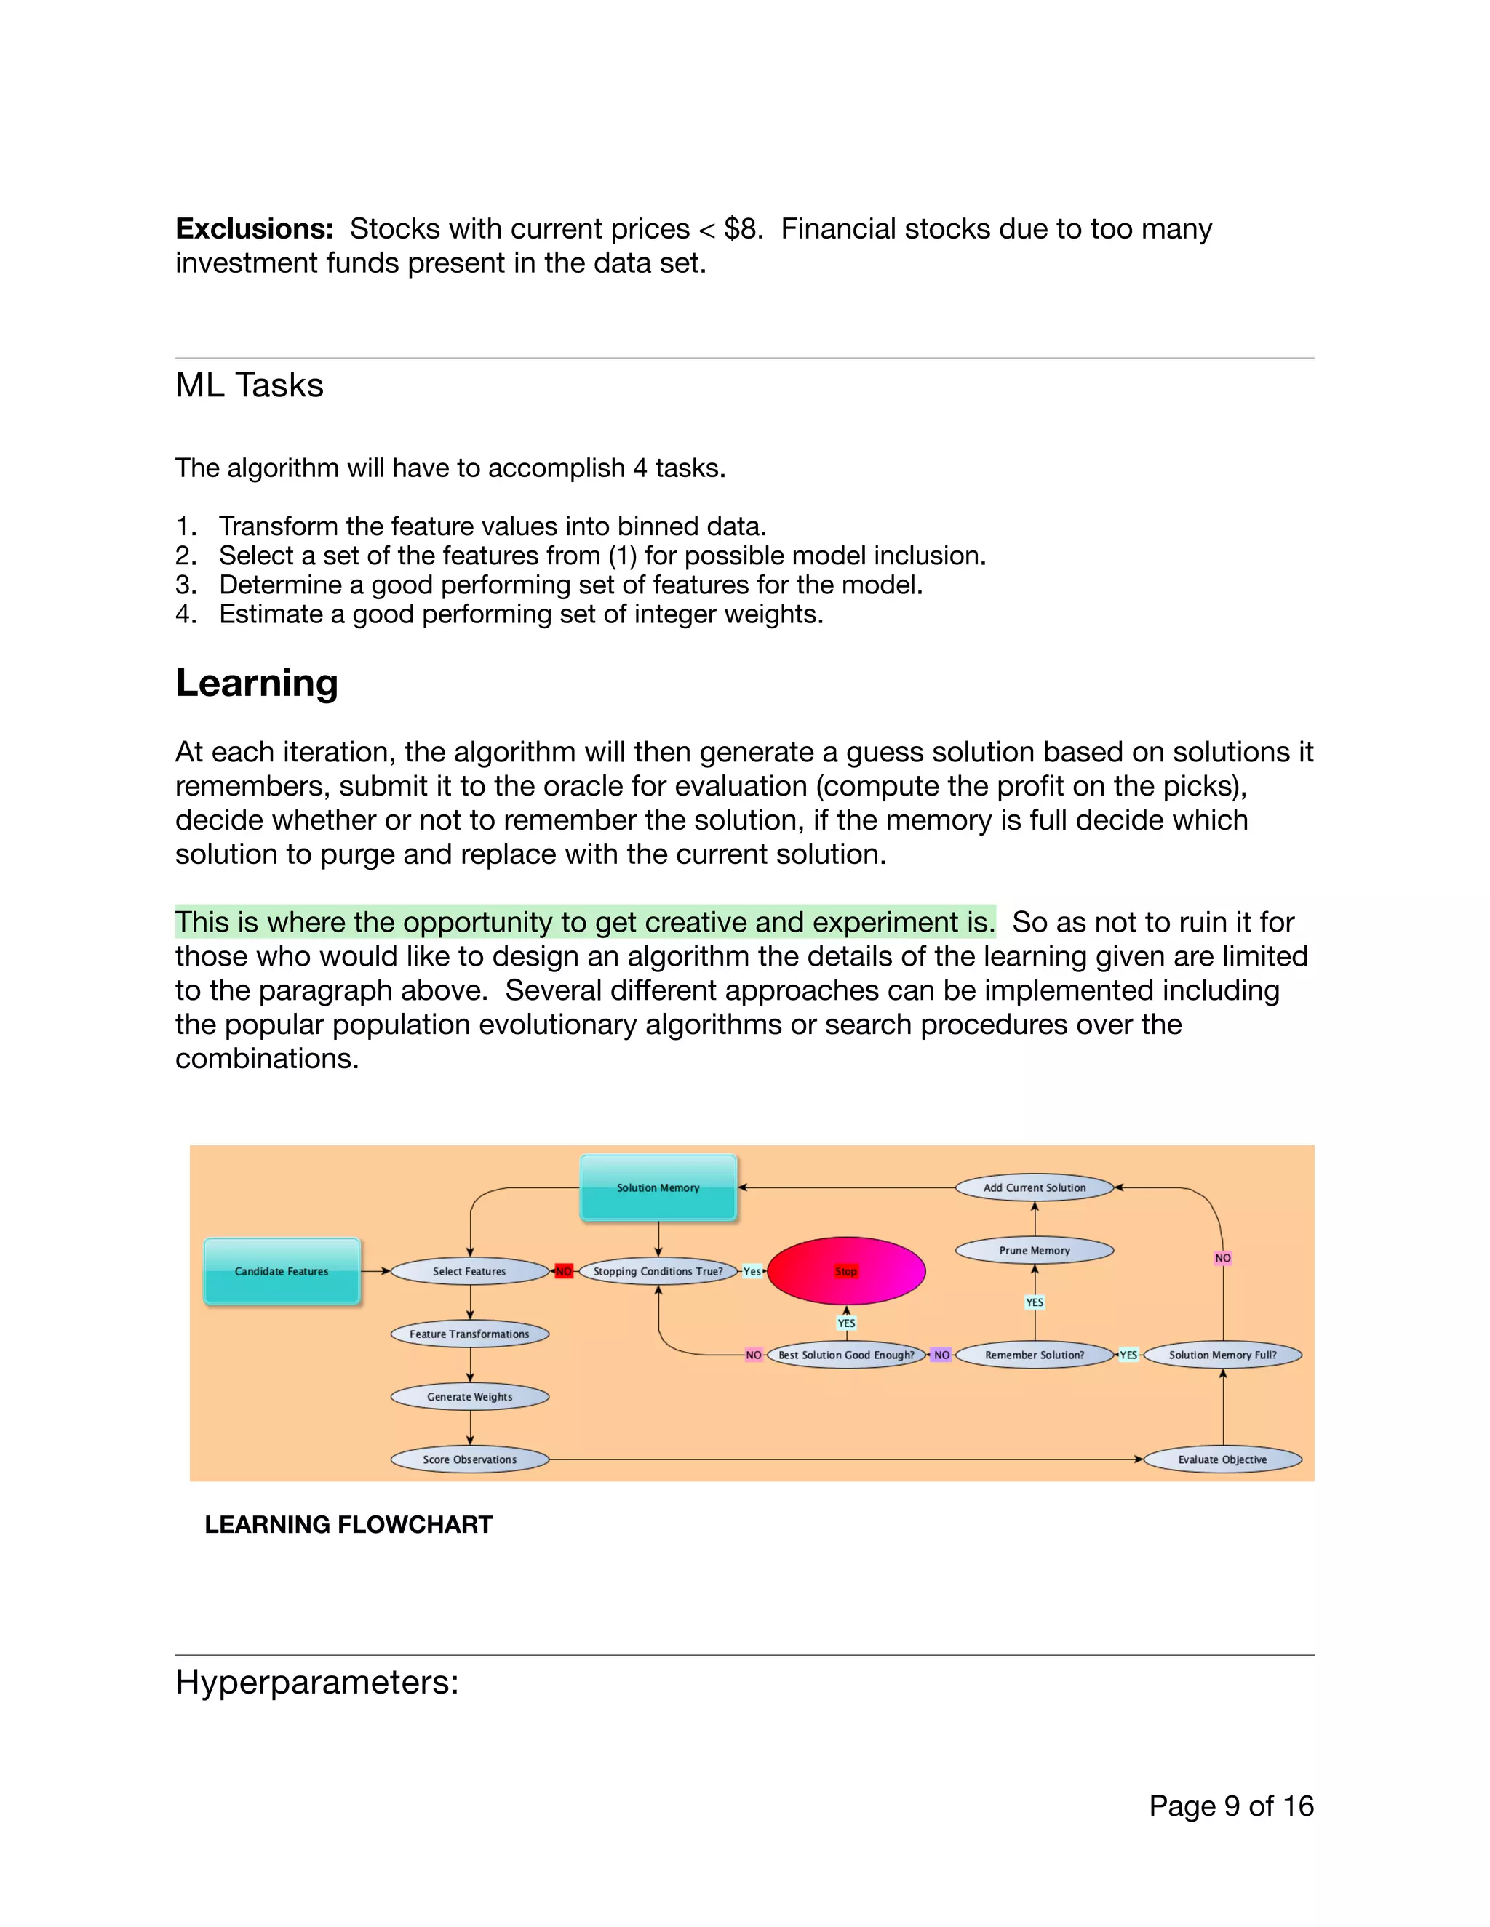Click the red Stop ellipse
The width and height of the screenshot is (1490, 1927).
845,1270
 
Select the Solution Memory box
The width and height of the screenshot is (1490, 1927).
658,1187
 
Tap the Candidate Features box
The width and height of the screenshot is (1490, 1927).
282,1270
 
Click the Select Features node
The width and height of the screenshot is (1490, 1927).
469,1270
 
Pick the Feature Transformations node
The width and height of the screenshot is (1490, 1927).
469,1333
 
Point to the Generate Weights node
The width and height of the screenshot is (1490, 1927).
469,1396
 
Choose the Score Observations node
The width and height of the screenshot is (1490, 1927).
469,1459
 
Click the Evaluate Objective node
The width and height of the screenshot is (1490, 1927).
1222,1459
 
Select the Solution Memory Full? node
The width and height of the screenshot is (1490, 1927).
1222,1355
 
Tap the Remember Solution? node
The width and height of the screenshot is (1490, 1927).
1035,1355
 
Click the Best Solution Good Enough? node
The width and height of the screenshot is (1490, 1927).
845,1355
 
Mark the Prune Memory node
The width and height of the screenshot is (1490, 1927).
1035,1249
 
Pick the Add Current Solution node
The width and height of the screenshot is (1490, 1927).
1035,1187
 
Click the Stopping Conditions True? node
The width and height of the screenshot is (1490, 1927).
658,1270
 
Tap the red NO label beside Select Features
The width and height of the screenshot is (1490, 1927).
563,1270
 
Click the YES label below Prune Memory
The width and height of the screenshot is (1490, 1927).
1035,1302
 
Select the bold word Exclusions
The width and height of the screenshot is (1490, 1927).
254,228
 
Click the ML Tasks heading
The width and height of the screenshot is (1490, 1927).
250,385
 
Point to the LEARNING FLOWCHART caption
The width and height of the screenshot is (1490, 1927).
348,1523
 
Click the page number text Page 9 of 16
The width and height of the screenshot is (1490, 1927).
1232,1806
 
